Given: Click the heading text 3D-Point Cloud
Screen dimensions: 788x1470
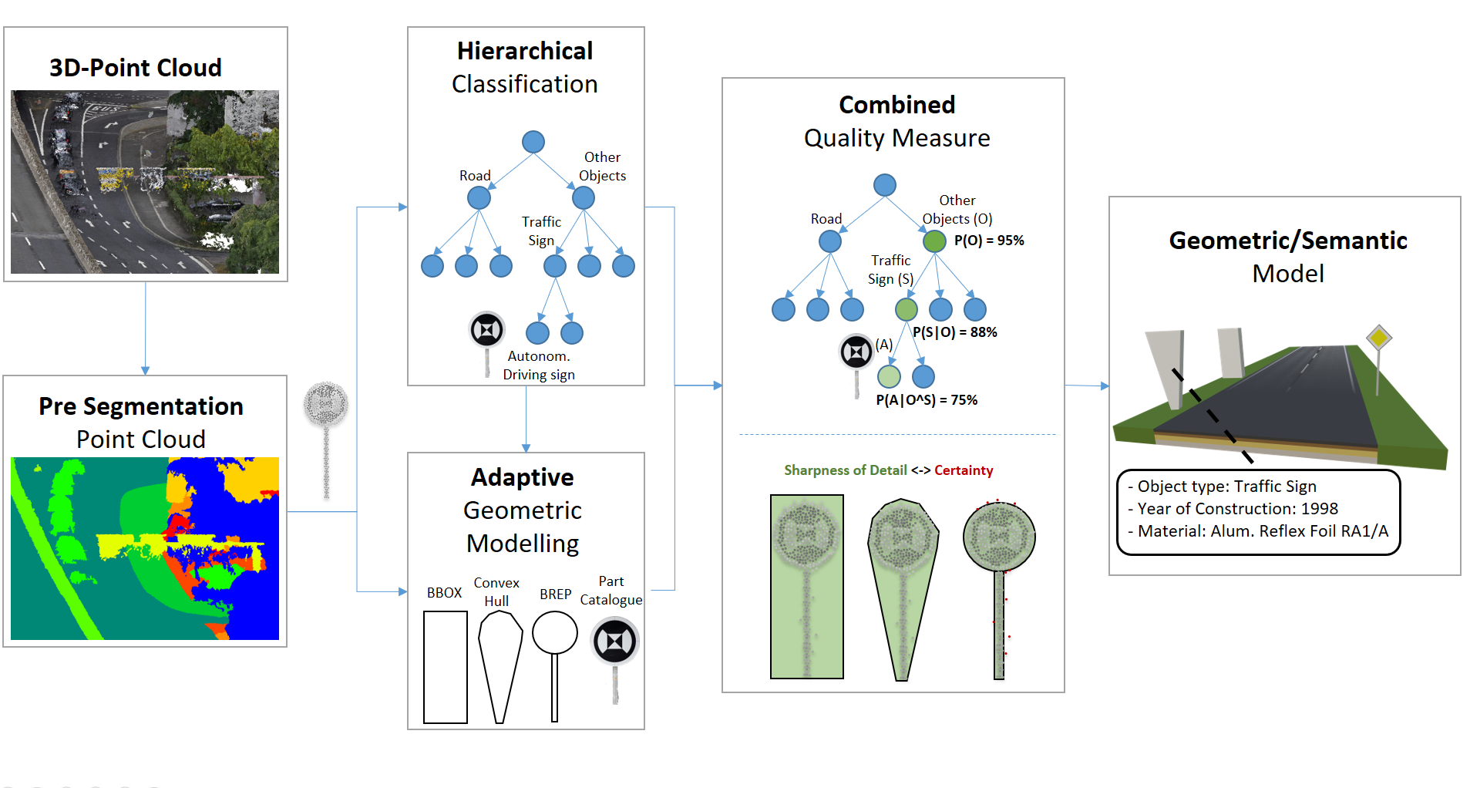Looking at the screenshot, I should (136, 68).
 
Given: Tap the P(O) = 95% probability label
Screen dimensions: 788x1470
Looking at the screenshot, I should (989, 241).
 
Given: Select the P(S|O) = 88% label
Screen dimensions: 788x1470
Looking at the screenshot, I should (955, 332).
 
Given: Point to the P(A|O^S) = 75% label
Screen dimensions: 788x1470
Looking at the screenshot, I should (927, 400).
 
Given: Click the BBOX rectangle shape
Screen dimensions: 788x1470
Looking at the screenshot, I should (446, 667).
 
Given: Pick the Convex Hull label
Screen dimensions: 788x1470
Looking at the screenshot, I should (496, 591).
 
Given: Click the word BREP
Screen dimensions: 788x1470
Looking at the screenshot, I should (555, 594).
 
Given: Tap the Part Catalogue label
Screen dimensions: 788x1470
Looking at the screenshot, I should (611, 591).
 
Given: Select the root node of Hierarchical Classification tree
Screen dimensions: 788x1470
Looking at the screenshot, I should (533, 142).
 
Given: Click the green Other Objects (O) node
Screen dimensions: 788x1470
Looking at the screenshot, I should (934, 241).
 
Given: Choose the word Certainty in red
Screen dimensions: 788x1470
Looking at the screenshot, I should (964, 470).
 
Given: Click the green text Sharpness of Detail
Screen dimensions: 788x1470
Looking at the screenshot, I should (845, 470).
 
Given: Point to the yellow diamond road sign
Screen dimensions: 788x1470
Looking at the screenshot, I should (1378, 338).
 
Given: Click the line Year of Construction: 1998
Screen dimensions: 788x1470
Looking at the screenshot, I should (1237, 509).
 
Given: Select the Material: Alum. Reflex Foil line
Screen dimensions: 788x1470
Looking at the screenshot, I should (1263, 531).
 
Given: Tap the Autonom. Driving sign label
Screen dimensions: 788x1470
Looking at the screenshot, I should (539, 365).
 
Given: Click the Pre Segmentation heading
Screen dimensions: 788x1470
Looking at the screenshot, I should (141, 406).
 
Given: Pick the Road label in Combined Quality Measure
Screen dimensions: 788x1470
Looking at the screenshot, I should (826, 219).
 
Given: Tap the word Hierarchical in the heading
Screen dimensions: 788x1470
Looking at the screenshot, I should (525, 51).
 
